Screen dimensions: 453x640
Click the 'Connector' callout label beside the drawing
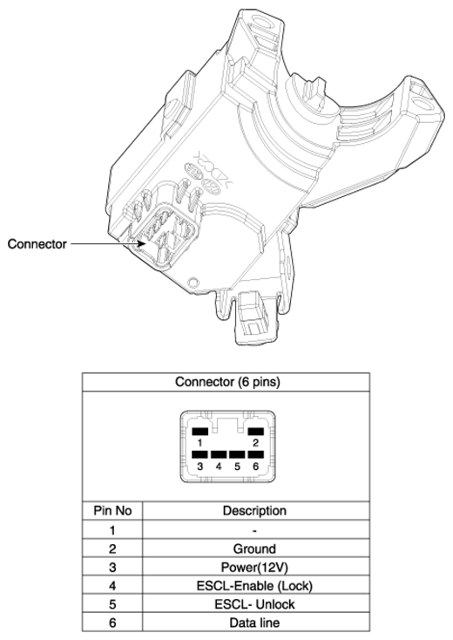[37, 244]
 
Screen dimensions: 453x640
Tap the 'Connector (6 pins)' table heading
[227, 382]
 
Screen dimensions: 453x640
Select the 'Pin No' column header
[112, 511]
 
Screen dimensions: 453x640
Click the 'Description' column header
[254, 511]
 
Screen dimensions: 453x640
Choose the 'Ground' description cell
[254, 548]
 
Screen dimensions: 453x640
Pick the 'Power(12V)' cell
[254, 568]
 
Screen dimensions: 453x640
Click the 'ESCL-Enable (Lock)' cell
[254, 586]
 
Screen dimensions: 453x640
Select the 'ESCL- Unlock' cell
[254, 604]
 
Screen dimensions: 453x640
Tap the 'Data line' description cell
[254, 623]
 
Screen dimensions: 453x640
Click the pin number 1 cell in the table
[112, 530]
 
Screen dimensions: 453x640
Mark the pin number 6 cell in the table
[112, 623]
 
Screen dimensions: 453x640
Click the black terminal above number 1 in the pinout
[199, 432]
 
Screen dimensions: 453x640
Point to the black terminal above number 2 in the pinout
[256, 432]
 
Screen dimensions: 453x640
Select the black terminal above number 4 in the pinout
[219, 454]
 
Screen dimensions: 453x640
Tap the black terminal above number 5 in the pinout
[237, 454]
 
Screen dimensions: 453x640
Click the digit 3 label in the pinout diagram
[199, 466]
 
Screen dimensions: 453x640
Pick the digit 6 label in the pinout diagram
[255, 466]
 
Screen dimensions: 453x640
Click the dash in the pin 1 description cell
[254, 531]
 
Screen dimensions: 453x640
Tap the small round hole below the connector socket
[193, 282]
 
